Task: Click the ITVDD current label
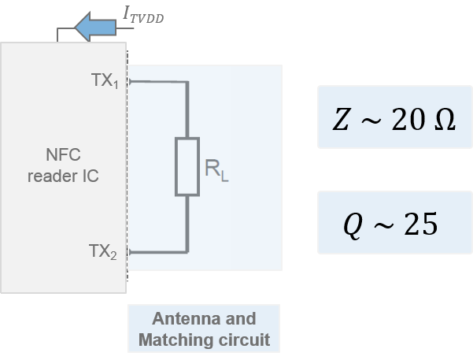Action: click(143, 13)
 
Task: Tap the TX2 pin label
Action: click(104, 252)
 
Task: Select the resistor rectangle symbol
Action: click(187, 167)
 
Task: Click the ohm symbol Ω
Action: click(444, 121)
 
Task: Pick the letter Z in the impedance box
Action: click(341, 121)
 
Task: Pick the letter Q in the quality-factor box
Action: click(355, 226)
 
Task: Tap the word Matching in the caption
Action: click(174, 340)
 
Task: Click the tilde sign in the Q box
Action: click(384, 226)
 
